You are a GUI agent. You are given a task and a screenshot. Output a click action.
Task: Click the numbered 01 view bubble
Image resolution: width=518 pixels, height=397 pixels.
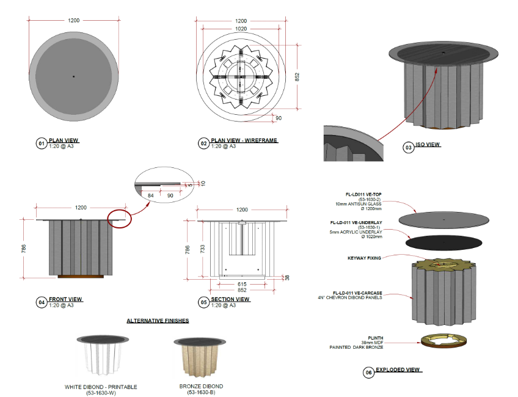click(x=42, y=144)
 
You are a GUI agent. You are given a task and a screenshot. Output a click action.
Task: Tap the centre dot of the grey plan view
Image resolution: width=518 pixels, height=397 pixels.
click(x=74, y=76)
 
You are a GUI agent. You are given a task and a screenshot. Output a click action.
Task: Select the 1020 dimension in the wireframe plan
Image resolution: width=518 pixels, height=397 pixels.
click(x=241, y=29)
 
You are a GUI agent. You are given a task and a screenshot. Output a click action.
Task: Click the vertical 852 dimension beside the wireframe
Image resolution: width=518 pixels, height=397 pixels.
click(x=297, y=77)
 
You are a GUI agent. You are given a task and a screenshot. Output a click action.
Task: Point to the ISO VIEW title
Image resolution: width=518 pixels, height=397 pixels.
click(x=428, y=144)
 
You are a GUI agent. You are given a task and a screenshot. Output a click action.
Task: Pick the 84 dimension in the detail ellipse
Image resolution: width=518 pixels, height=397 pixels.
click(x=151, y=195)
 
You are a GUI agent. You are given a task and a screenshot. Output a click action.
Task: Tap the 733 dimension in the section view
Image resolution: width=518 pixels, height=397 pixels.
click(x=202, y=249)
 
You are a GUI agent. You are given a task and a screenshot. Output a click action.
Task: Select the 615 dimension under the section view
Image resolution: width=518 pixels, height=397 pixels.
click(x=242, y=284)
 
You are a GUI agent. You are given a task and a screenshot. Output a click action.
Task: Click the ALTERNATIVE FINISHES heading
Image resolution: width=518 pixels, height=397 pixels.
click(x=158, y=321)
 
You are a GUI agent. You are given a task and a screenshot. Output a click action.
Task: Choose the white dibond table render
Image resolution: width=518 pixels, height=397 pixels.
click(x=103, y=355)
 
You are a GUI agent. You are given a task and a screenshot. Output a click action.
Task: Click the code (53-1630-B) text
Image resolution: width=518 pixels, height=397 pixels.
click(x=201, y=392)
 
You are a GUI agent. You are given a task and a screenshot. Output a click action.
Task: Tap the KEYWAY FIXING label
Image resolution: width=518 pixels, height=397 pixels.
click(x=364, y=258)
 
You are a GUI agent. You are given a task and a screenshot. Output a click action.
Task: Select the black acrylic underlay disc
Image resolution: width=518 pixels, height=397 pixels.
click(x=443, y=242)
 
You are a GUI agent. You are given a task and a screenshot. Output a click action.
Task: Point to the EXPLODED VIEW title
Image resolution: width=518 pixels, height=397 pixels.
click(x=398, y=370)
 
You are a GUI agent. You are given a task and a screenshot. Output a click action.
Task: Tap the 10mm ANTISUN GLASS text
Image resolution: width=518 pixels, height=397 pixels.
click(x=359, y=204)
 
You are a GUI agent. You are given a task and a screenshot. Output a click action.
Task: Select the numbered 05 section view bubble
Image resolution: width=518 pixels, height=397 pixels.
click(x=203, y=302)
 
